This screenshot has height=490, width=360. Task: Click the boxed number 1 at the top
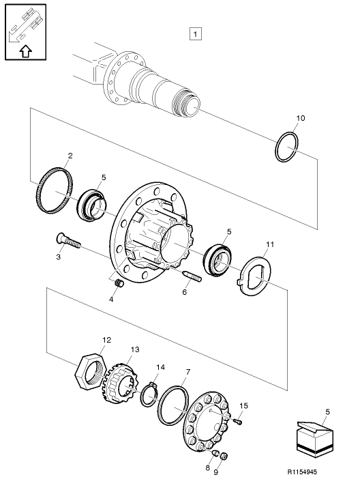(x=196, y=33)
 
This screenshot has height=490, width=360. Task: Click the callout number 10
(x=300, y=119)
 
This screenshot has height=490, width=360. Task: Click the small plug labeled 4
(x=117, y=283)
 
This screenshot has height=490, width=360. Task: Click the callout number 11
(x=270, y=244)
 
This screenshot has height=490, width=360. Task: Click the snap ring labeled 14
(x=150, y=395)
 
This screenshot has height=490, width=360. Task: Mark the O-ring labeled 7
(x=175, y=407)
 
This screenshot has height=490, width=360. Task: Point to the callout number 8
(x=209, y=469)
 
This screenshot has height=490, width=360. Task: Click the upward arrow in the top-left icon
(x=26, y=50)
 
